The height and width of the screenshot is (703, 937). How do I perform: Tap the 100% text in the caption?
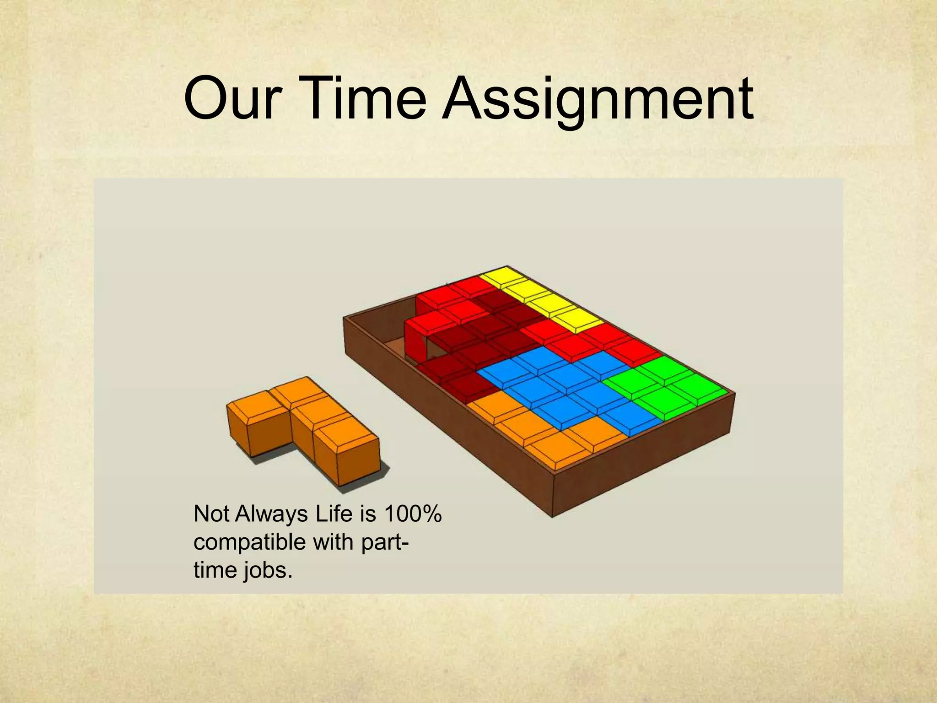[x=413, y=514]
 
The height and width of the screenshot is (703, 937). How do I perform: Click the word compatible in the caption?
[x=250, y=543]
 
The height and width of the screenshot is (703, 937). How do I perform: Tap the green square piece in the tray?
[x=663, y=384]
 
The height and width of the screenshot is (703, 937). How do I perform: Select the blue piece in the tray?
[x=563, y=389]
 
